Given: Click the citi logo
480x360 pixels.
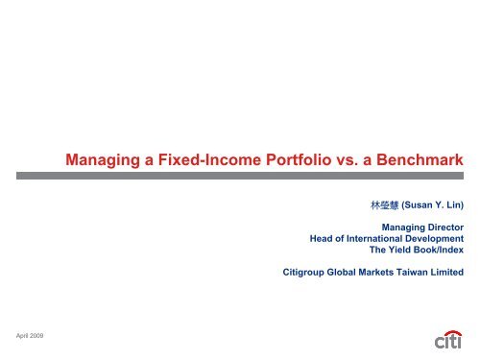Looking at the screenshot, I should coord(446,339).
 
